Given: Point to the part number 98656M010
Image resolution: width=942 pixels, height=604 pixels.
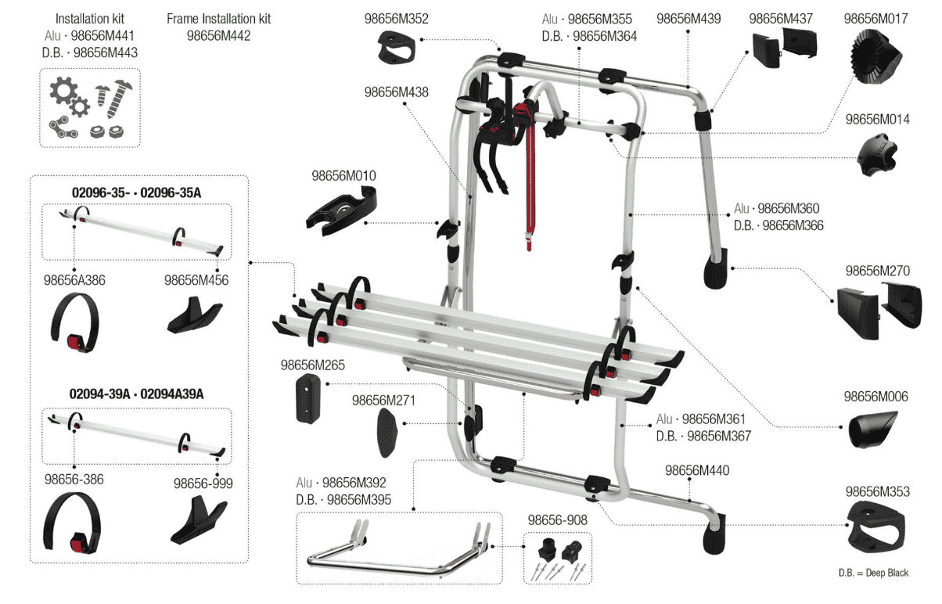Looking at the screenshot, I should tap(343, 177).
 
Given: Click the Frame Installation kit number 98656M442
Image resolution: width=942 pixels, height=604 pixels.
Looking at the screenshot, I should tap(219, 35).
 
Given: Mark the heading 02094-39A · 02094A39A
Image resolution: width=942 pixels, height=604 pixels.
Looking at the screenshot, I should tap(137, 394).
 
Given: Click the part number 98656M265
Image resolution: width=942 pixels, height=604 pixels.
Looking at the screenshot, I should tap(312, 365).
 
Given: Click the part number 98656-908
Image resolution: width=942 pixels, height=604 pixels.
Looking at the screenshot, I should tap(557, 520).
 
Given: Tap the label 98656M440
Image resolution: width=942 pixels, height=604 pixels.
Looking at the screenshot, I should tap(697, 471).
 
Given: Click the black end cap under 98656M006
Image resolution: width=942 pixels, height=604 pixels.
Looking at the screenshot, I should tap(877, 430).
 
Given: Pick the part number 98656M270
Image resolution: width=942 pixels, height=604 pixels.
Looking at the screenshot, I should tap(877, 271).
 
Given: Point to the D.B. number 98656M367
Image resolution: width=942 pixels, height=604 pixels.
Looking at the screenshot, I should tap(703, 437).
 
